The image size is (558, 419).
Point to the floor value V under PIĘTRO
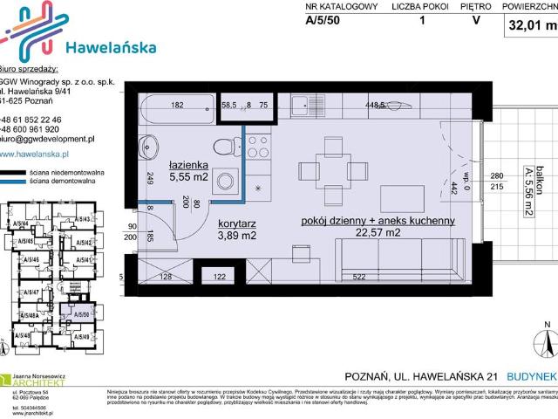coord(475,23)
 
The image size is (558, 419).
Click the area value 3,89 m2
coord(235,235)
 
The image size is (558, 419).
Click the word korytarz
coord(235,222)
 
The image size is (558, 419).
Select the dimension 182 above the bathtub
coord(176,106)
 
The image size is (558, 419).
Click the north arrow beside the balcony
coord(547,337)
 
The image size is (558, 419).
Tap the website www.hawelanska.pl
coord(40,155)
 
